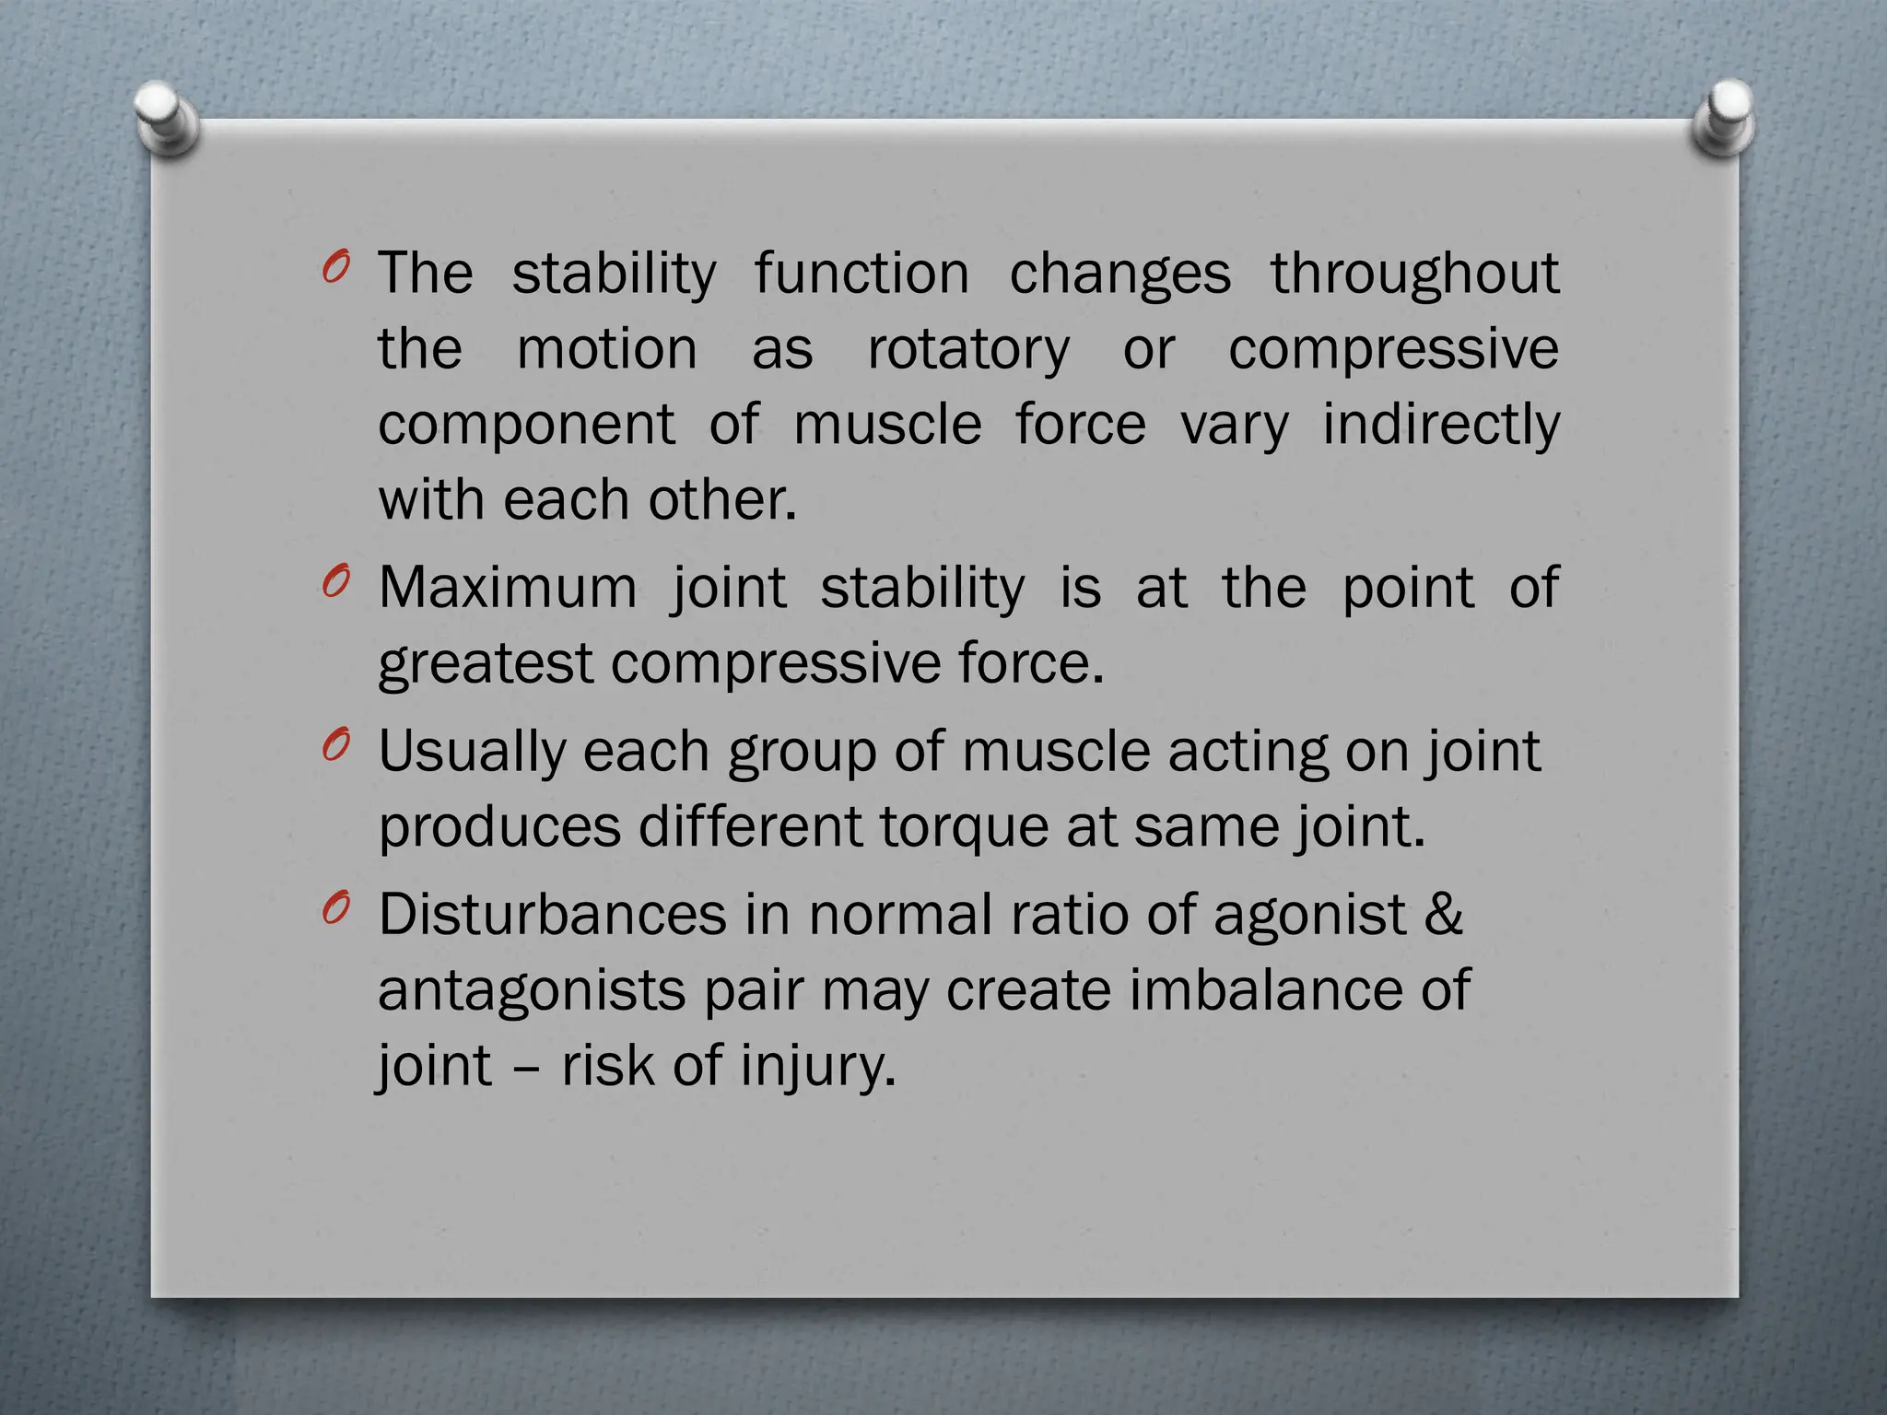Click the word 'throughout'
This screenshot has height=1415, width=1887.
click(x=1415, y=275)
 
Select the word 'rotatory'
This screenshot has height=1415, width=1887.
click(x=968, y=351)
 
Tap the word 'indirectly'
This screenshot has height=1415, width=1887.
click(x=1441, y=426)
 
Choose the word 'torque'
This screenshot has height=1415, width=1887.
click(x=964, y=828)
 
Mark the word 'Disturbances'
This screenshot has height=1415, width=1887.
click(x=553, y=915)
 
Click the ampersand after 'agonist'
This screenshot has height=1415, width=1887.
click(x=1443, y=915)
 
